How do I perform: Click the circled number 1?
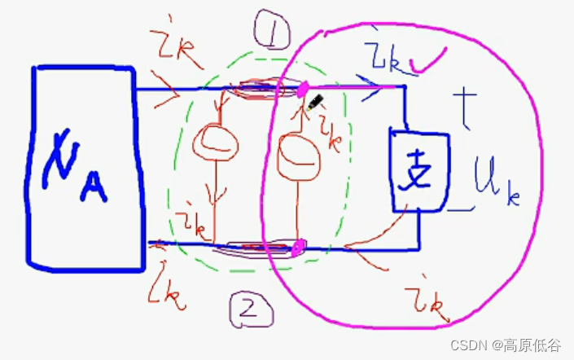click(x=265, y=34)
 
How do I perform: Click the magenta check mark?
click(x=431, y=59)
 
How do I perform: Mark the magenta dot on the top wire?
click(x=302, y=88)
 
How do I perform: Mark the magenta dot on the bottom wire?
click(x=298, y=245)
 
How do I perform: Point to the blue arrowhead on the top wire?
click(x=378, y=85)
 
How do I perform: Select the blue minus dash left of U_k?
click(x=458, y=210)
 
